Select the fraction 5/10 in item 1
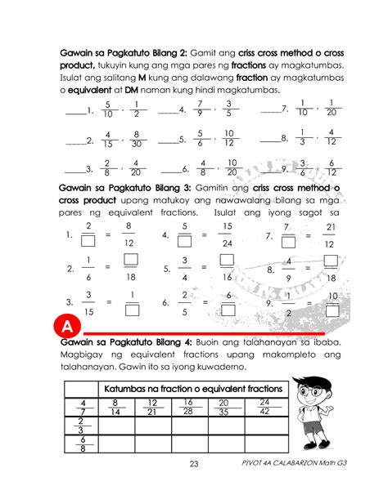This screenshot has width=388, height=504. (108, 109)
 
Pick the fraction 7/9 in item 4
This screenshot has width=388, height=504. (200, 109)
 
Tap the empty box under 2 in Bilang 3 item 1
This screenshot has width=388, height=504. (88, 241)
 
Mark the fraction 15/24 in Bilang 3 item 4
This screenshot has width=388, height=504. (227, 234)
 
